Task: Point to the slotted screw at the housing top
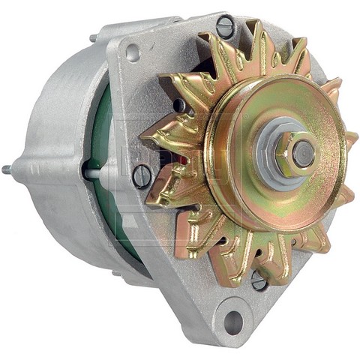[x=224, y=27]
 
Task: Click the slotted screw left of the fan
[x=142, y=176]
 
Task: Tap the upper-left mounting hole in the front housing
[x=133, y=52]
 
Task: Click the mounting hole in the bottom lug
[x=233, y=322]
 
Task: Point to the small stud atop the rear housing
[x=92, y=37]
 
